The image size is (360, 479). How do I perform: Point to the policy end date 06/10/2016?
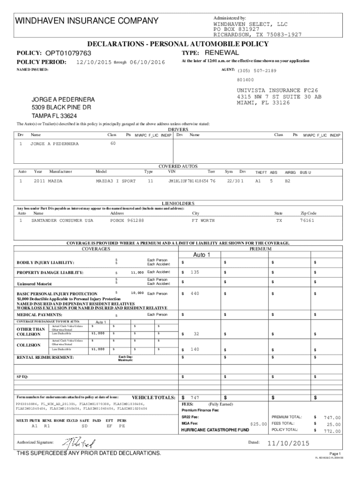[x=147, y=63]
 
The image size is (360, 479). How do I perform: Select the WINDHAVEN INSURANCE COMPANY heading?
[x=87, y=21]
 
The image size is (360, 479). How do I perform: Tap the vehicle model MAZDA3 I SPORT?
[x=115, y=181]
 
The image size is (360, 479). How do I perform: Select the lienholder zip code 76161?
[x=307, y=220]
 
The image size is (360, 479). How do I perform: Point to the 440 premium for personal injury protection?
[x=195, y=293]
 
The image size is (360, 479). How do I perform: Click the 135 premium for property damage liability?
[x=195, y=272]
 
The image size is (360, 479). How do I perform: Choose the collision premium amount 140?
[x=195, y=349]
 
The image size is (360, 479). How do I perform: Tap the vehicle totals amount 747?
[x=195, y=397]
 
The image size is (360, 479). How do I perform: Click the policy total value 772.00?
[x=332, y=431]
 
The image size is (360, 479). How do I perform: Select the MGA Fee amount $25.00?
[x=259, y=424]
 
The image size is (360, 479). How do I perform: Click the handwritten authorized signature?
[x=77, y=442]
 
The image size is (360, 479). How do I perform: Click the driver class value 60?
[x=113, y=143]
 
